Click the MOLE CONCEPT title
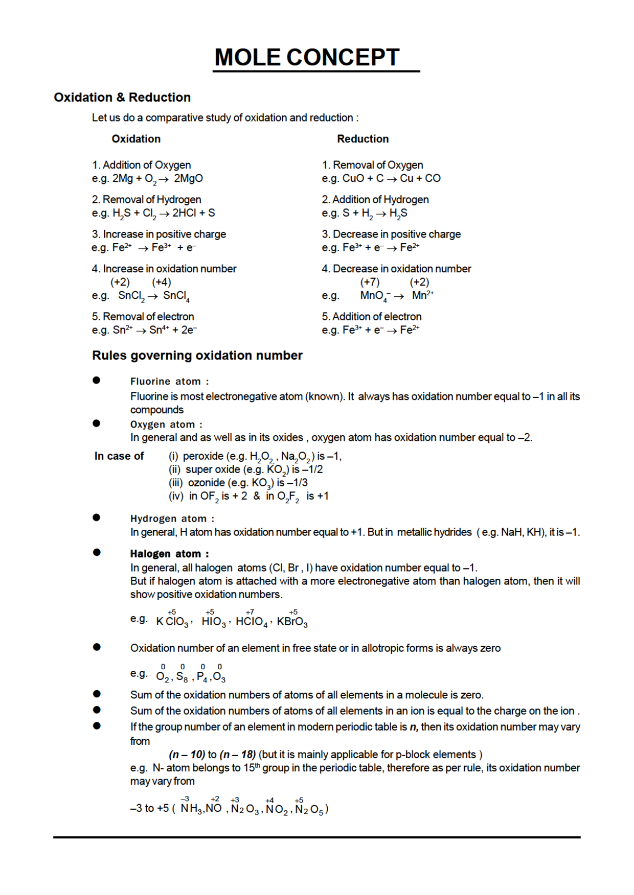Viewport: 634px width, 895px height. click(x=307, y=57)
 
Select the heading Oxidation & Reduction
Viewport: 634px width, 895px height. click(x=122, y=97)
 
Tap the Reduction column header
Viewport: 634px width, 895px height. click(x=363, y=139)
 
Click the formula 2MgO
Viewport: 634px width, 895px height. click(x=188, y=178)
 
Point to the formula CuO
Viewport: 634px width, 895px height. click(x=353, y=178)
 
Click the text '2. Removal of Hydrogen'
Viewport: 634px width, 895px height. click(x=147, y=199)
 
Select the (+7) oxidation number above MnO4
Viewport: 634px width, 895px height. click(x=370, y=282)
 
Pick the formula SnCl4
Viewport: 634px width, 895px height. click(x=176, y=296)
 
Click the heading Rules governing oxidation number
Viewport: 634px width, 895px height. click(x=197, y=356)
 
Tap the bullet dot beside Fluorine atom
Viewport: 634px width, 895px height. click(x=97, y=380)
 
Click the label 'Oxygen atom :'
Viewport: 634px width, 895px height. click(x=166, y=425)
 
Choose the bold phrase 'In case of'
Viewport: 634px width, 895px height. click(x=119, y=456)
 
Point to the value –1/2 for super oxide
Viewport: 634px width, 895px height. click(x=312, y=469)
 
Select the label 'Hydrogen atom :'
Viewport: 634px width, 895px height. click(x=172, y=519)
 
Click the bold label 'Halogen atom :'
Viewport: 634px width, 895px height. click(x=169, y=554)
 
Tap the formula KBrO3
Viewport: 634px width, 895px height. click(x=292, y=622)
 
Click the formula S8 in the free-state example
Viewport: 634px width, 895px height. click(x=182, y=677)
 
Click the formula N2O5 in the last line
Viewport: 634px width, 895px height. click(x=309, y=809)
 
